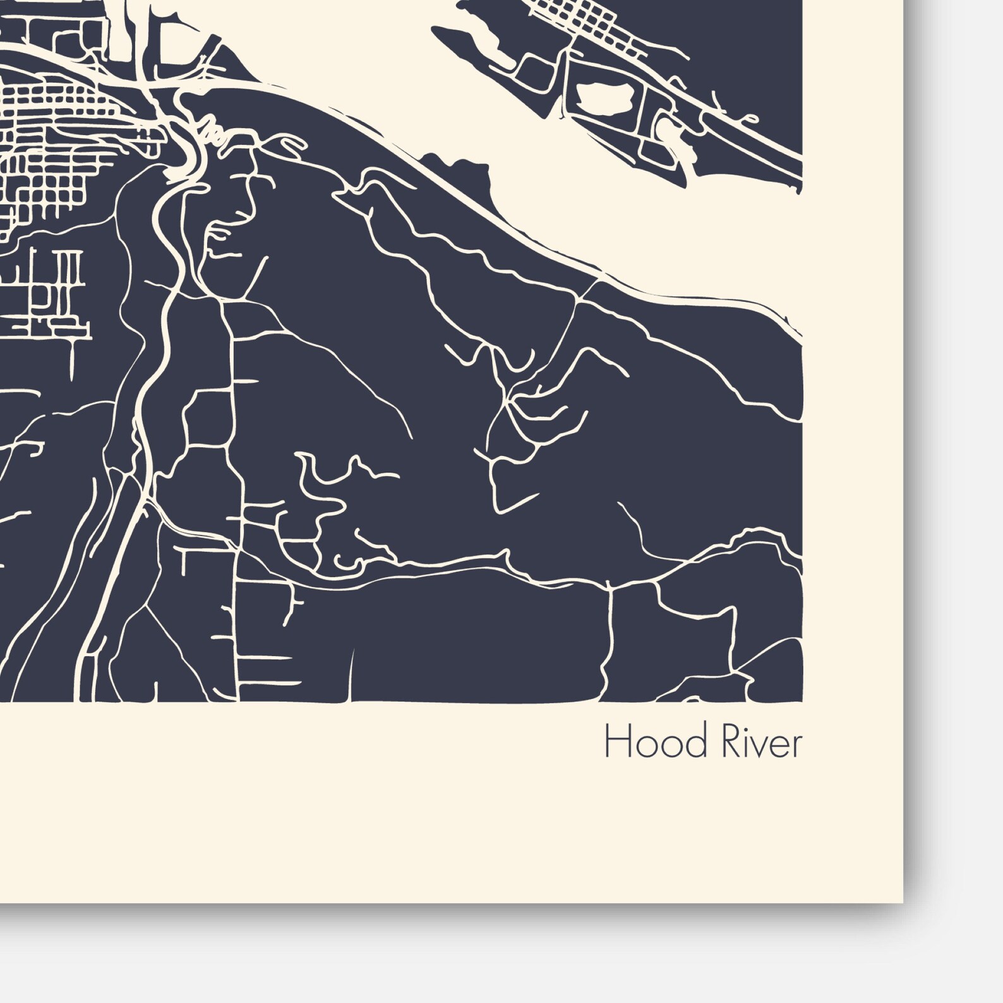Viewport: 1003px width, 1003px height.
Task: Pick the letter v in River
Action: click(749, 747)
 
